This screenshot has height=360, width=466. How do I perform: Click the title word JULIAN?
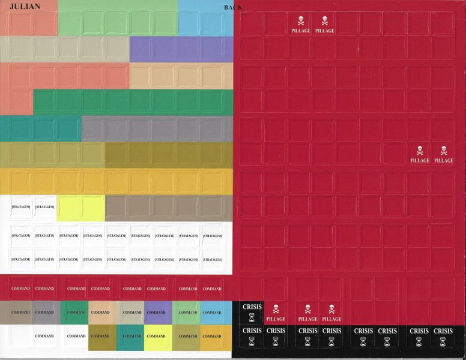[x=25, y=7]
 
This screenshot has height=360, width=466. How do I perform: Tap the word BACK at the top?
[x=233, y=7]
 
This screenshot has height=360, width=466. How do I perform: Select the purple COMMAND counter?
[x=156, y=312]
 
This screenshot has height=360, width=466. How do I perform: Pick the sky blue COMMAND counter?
[x=212, y=312]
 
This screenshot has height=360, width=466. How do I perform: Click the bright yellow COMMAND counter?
[x=156, y=336]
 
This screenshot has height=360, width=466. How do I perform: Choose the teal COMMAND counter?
[x=132, y=336]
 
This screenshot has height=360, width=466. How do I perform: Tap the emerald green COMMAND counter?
[x=76, y=312]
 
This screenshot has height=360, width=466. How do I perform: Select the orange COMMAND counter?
[x=212, y=336]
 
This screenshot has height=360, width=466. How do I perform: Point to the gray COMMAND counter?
[x=44, y=312]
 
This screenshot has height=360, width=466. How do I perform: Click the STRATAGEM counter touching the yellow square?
[x=45, y=207]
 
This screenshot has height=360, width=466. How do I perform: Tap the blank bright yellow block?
[x=81, y=207]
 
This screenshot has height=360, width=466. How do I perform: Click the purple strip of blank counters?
[x=181, y=49]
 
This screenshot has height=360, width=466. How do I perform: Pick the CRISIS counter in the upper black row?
[x=252, y=311]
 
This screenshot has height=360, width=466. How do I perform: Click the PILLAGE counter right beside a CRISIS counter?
[x=276, y=313]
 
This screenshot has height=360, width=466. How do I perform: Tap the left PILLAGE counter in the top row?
[x=301, y=25]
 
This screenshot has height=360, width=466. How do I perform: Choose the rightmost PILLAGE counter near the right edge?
[x=444, y=154]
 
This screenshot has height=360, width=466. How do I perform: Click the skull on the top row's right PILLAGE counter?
[x=325, y=20]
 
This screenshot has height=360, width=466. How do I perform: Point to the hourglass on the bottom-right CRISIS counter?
[x=443, y=341]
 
